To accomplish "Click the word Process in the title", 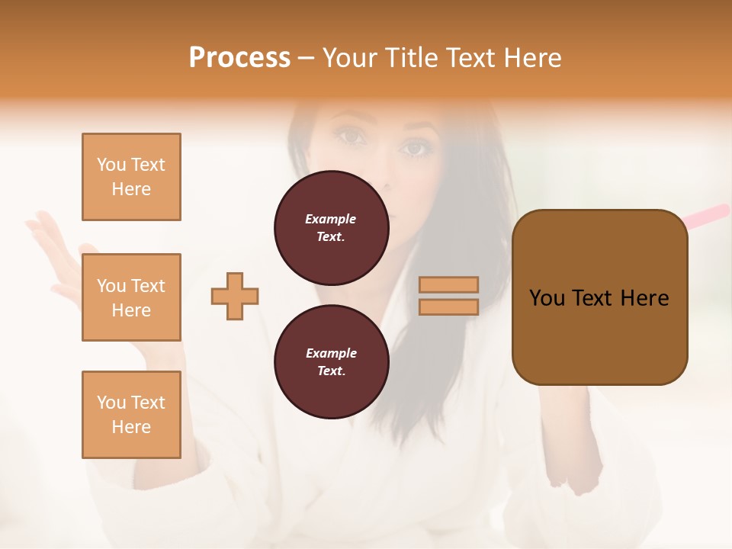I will point(239,58).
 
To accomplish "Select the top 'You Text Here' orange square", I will point(131,177).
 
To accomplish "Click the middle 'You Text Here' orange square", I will point(131,297).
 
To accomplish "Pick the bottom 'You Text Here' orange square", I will point(131,415).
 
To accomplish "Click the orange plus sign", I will point(235,296).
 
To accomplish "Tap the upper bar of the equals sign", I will point(449,284).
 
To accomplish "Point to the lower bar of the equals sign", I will point(449,307).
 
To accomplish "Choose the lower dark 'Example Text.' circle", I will point(331,361).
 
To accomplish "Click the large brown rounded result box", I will point(599,335).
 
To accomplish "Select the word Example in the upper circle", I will point(331,219).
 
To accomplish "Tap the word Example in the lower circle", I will point(331,353).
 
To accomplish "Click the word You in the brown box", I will point(547,298).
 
